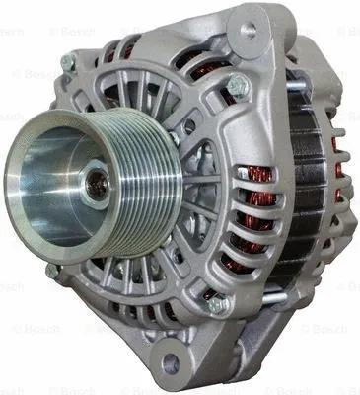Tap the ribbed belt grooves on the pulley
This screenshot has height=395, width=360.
tap(138, 194)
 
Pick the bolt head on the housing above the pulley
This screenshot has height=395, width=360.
tap(68, 63)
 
